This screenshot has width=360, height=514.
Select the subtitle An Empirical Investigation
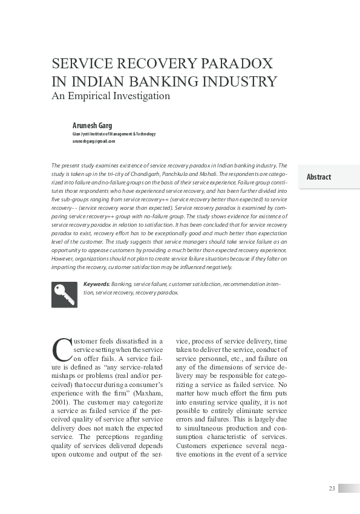[x=111, y=96]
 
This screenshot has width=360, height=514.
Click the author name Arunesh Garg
[x=93, y=125]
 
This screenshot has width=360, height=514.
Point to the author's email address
[x=94, y=141]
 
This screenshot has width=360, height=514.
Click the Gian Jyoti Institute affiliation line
[x=114, y=134]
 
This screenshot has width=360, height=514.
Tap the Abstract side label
[x=319, y=177]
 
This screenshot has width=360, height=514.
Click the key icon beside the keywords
[x=64, y=294]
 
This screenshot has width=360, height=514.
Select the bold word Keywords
[x=96, y=284]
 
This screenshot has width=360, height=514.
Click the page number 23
[x=332, y=489]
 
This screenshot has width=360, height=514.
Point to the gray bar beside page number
[x=349, y=489]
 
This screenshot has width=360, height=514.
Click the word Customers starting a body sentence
[x=192, y=446]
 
